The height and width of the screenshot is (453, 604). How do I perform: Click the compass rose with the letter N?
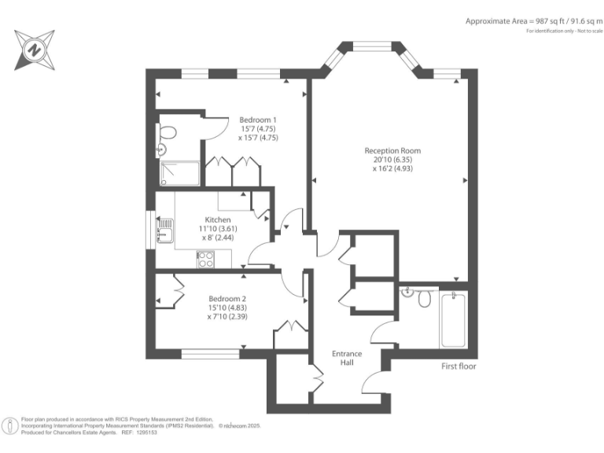click(35, 50)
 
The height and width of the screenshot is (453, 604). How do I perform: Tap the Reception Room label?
click(392, 151)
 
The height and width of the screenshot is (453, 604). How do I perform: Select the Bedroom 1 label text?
click(258, 120)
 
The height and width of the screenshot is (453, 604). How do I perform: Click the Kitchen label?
click(218, 220)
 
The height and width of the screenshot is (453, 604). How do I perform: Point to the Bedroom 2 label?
click(227, 299)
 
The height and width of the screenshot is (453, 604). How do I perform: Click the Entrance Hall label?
click(347, 358)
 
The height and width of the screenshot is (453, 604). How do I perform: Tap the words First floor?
click(459, 366)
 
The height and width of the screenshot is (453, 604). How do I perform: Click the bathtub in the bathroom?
click(453, 320)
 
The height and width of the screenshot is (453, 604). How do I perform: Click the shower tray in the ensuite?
click(179, 173)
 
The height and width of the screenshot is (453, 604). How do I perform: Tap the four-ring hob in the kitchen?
click(206, 260)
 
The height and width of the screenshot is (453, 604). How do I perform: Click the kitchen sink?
click(165, 230)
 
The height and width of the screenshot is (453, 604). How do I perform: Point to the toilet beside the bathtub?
click(424, 298)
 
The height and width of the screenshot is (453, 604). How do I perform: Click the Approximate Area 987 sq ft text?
click(533, 21)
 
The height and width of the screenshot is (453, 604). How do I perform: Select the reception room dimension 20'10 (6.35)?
click(392, 160)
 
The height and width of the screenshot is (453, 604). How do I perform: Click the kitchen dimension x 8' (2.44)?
click(218, 238)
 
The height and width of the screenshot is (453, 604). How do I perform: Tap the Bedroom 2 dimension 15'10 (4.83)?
click(227, 308)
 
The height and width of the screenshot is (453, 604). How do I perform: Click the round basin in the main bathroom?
click(407, 292)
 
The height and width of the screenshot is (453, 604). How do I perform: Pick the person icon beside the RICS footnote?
click(9, 426)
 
